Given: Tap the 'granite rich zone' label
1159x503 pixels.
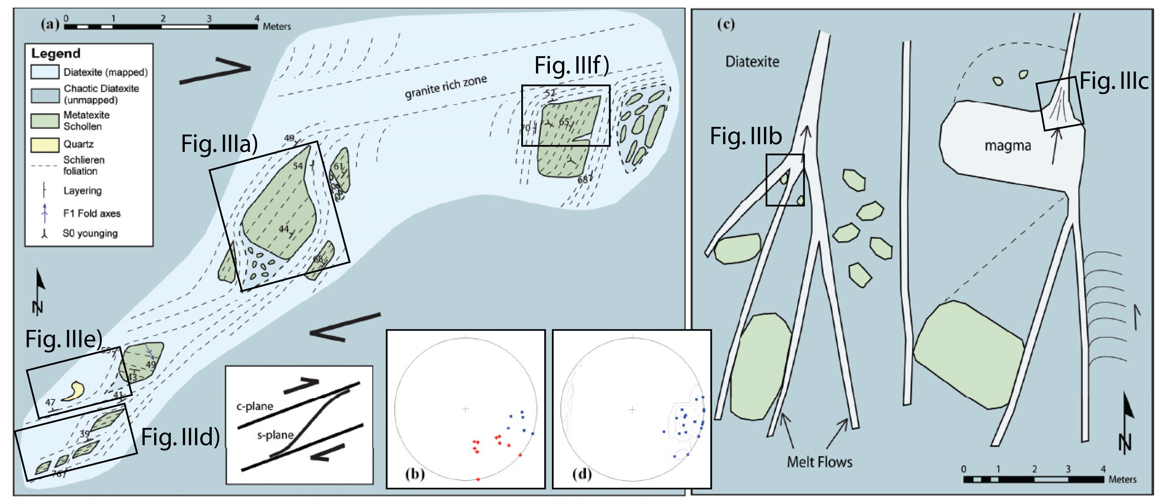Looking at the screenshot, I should pos(446,86).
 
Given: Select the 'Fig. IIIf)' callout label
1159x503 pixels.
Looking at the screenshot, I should pos(572,66).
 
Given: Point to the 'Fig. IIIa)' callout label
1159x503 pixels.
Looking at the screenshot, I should pos(219,144).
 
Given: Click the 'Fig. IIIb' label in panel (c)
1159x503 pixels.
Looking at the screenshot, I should pos(746,136).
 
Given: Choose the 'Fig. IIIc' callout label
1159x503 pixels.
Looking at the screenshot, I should pos(1114,81).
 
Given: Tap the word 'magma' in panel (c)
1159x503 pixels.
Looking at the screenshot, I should pos(1007,145).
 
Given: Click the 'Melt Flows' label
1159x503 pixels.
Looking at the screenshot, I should pos(819,462).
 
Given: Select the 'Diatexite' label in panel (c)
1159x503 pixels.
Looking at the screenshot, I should pos(752,61).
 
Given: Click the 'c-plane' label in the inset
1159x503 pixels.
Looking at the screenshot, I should pos(255,406).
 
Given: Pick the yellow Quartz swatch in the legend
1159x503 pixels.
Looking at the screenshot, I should pos(45,144).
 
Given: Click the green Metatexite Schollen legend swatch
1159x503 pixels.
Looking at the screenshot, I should pos(45,121).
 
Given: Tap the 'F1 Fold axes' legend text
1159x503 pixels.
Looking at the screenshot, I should pos(92,214).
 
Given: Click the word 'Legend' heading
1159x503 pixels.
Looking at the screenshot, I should pos(56,54).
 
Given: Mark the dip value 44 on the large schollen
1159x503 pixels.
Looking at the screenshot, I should pos(283,229).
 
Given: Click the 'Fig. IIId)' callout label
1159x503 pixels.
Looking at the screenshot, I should pos(180,437).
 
